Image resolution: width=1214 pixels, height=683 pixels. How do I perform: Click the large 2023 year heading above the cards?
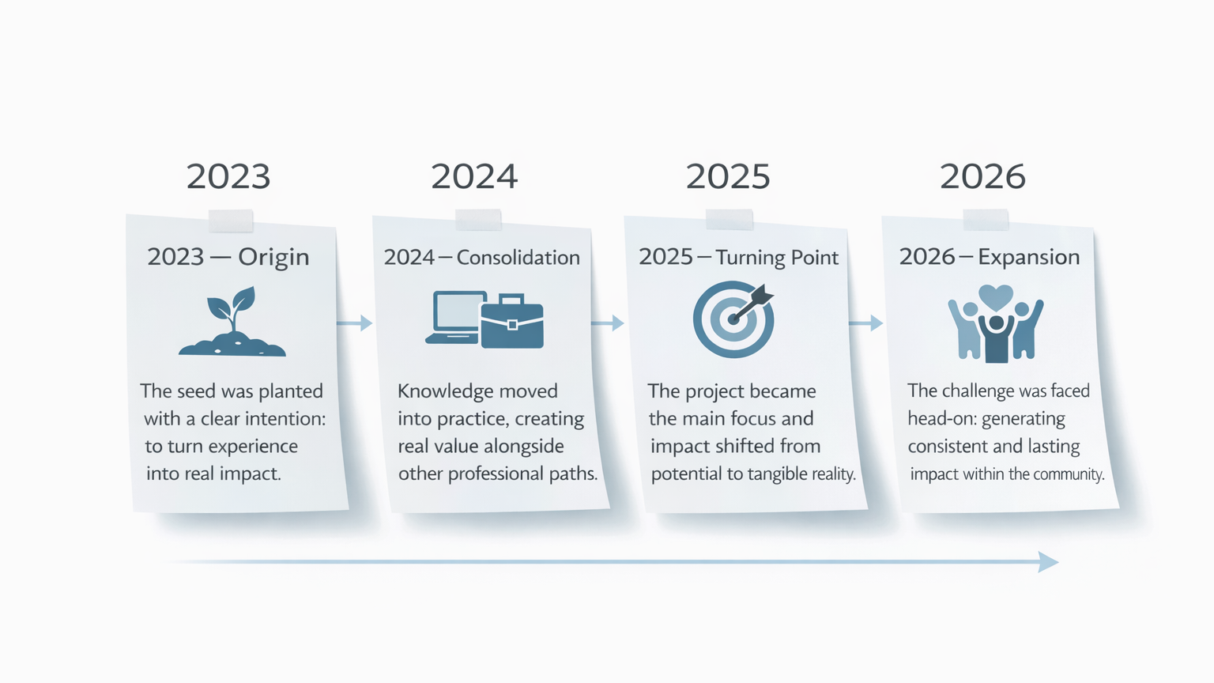coord(228,177)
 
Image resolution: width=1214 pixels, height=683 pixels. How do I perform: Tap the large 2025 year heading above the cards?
coord(728,177)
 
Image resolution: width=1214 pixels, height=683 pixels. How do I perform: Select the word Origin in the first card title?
coord(273,257)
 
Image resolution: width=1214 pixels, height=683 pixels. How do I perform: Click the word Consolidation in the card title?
coord(518,258)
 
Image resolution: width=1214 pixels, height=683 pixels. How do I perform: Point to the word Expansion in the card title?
coord(1028,257)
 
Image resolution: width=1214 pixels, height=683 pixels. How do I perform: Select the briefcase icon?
coord(512,321)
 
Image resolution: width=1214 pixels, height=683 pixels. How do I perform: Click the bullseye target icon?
coord(733,319)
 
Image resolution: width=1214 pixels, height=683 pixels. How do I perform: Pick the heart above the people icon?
coord(996,297)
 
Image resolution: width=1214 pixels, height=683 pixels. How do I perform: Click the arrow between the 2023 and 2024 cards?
coord(354,323)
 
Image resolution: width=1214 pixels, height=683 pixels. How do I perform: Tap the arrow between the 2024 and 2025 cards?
coord(608,323)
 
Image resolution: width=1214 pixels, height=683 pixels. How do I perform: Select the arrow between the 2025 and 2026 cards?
coord(865,323)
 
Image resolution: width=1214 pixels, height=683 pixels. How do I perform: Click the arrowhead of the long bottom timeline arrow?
coord(1048,561)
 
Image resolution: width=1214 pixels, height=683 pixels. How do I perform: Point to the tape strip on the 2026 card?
coord(986,220)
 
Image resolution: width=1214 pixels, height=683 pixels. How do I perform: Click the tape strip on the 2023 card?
coord(231,221)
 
